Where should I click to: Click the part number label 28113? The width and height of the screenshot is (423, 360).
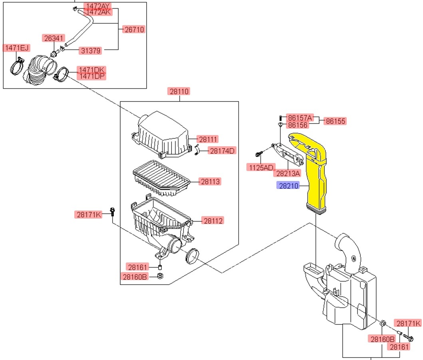click(211, 182)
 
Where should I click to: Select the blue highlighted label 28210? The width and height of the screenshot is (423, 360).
click(288, 185)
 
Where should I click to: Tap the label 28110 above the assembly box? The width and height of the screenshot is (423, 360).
click(179, 91)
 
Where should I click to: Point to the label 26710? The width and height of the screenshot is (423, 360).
click(134, 30)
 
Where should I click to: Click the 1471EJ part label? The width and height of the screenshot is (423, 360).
click(16, 48)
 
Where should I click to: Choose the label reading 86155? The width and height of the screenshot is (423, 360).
click(336, 121)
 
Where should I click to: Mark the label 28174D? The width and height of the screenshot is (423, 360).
click(223, 151)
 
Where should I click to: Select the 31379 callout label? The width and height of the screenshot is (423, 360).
click(90, 50)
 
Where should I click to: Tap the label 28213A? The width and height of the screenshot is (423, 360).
click(287, 173)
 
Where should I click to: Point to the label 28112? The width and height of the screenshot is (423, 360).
click(213, 221)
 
